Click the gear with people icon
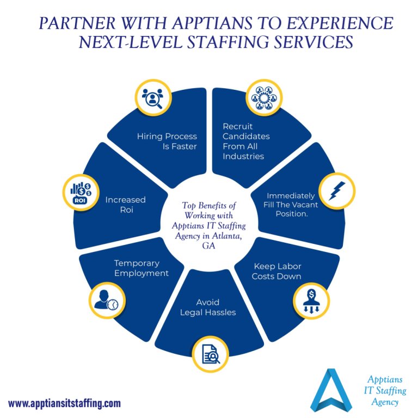click(263, 98)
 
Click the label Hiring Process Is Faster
click(167, 141)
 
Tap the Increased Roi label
click(126, 205)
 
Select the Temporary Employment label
click(141, 268)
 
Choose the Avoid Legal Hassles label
click(209, 307)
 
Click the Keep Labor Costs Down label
click(276, 271)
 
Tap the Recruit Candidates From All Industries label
click(246, 141)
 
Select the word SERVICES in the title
click(311, 43)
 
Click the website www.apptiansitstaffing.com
click(64, 403)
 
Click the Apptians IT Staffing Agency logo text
click(385, 390)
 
